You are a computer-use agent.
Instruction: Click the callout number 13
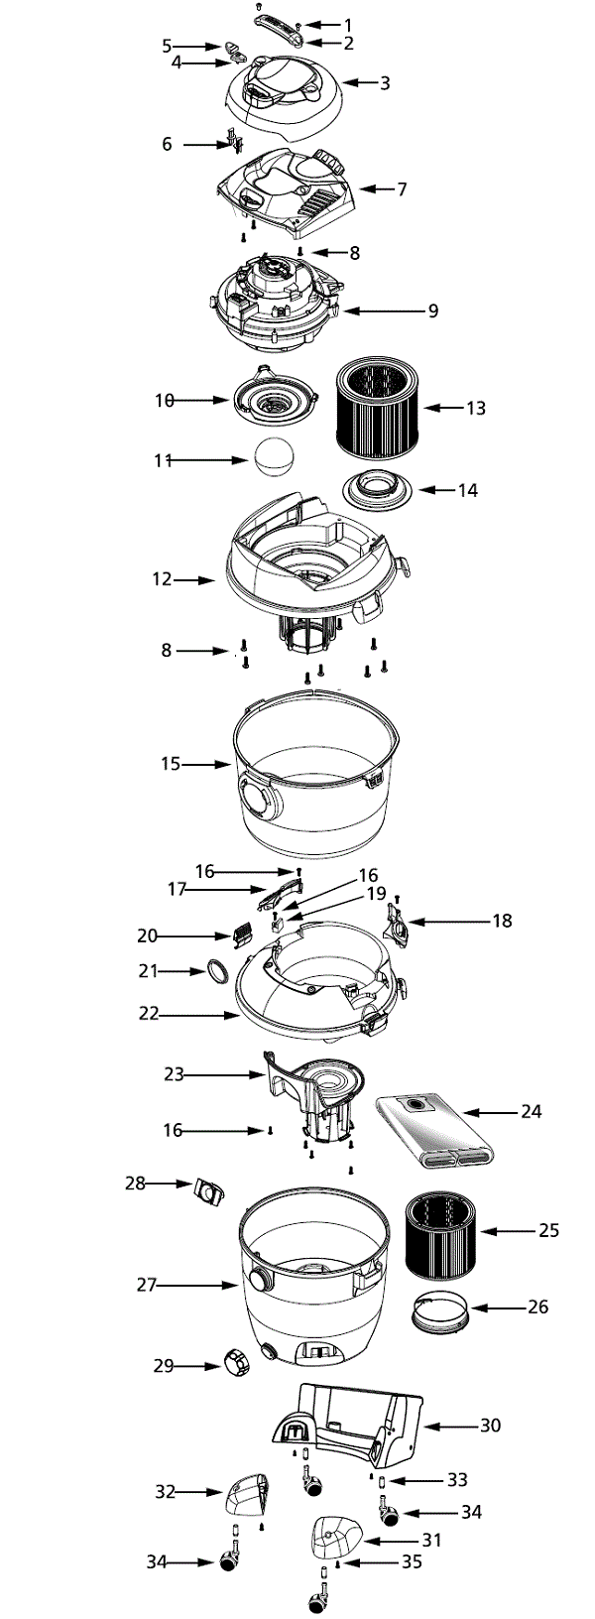tap(476, 408)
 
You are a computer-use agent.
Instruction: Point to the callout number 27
tap(147, 1285)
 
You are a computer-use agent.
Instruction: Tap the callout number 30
tap(490, 1426)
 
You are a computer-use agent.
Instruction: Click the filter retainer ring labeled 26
tap(439, 1314)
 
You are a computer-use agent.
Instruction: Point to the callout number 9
tap(432, 311)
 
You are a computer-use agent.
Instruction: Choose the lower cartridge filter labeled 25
tap(441, 1234)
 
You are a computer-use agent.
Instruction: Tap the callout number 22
tap(149, 1015)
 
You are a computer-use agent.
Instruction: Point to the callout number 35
tap(411, 1561)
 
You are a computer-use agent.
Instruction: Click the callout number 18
tap(502, 922)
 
